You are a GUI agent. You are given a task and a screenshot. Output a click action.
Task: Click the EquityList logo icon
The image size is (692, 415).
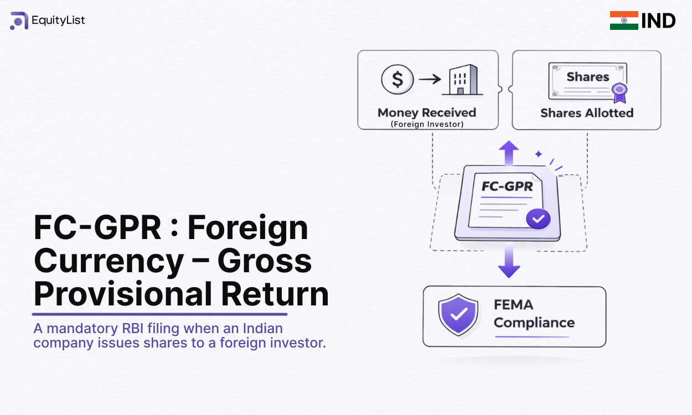tap(19, 21)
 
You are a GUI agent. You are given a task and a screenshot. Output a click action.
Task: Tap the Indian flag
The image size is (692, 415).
tap(624, 20)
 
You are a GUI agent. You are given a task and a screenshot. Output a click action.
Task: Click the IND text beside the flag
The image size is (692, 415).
tap(658, 21)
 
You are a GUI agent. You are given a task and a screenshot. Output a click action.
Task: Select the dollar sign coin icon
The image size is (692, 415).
tap(397, 79)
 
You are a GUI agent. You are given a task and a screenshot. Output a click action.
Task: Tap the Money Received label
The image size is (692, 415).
tap(426, 112)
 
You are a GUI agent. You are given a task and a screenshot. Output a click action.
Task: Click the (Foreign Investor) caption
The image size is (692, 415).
tap(427, 124)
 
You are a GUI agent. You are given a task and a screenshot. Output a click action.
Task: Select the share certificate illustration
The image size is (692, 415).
tap(587, 82)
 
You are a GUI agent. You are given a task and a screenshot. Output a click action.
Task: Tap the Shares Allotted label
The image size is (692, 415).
tap(587, 113)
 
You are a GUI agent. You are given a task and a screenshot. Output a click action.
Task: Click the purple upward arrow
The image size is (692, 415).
tap(509, 152)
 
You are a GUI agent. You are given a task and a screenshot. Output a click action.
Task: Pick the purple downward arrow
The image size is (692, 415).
tap(509, 262)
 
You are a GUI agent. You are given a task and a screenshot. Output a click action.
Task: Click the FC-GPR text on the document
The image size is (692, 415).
tap(507, 186)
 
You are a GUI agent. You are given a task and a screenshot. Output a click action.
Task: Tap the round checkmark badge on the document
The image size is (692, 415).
tap(538, 219)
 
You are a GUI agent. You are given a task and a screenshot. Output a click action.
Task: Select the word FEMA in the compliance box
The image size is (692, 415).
tap(513, 305)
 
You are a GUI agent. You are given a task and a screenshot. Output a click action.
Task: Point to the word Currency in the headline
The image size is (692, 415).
tap(109, 261)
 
